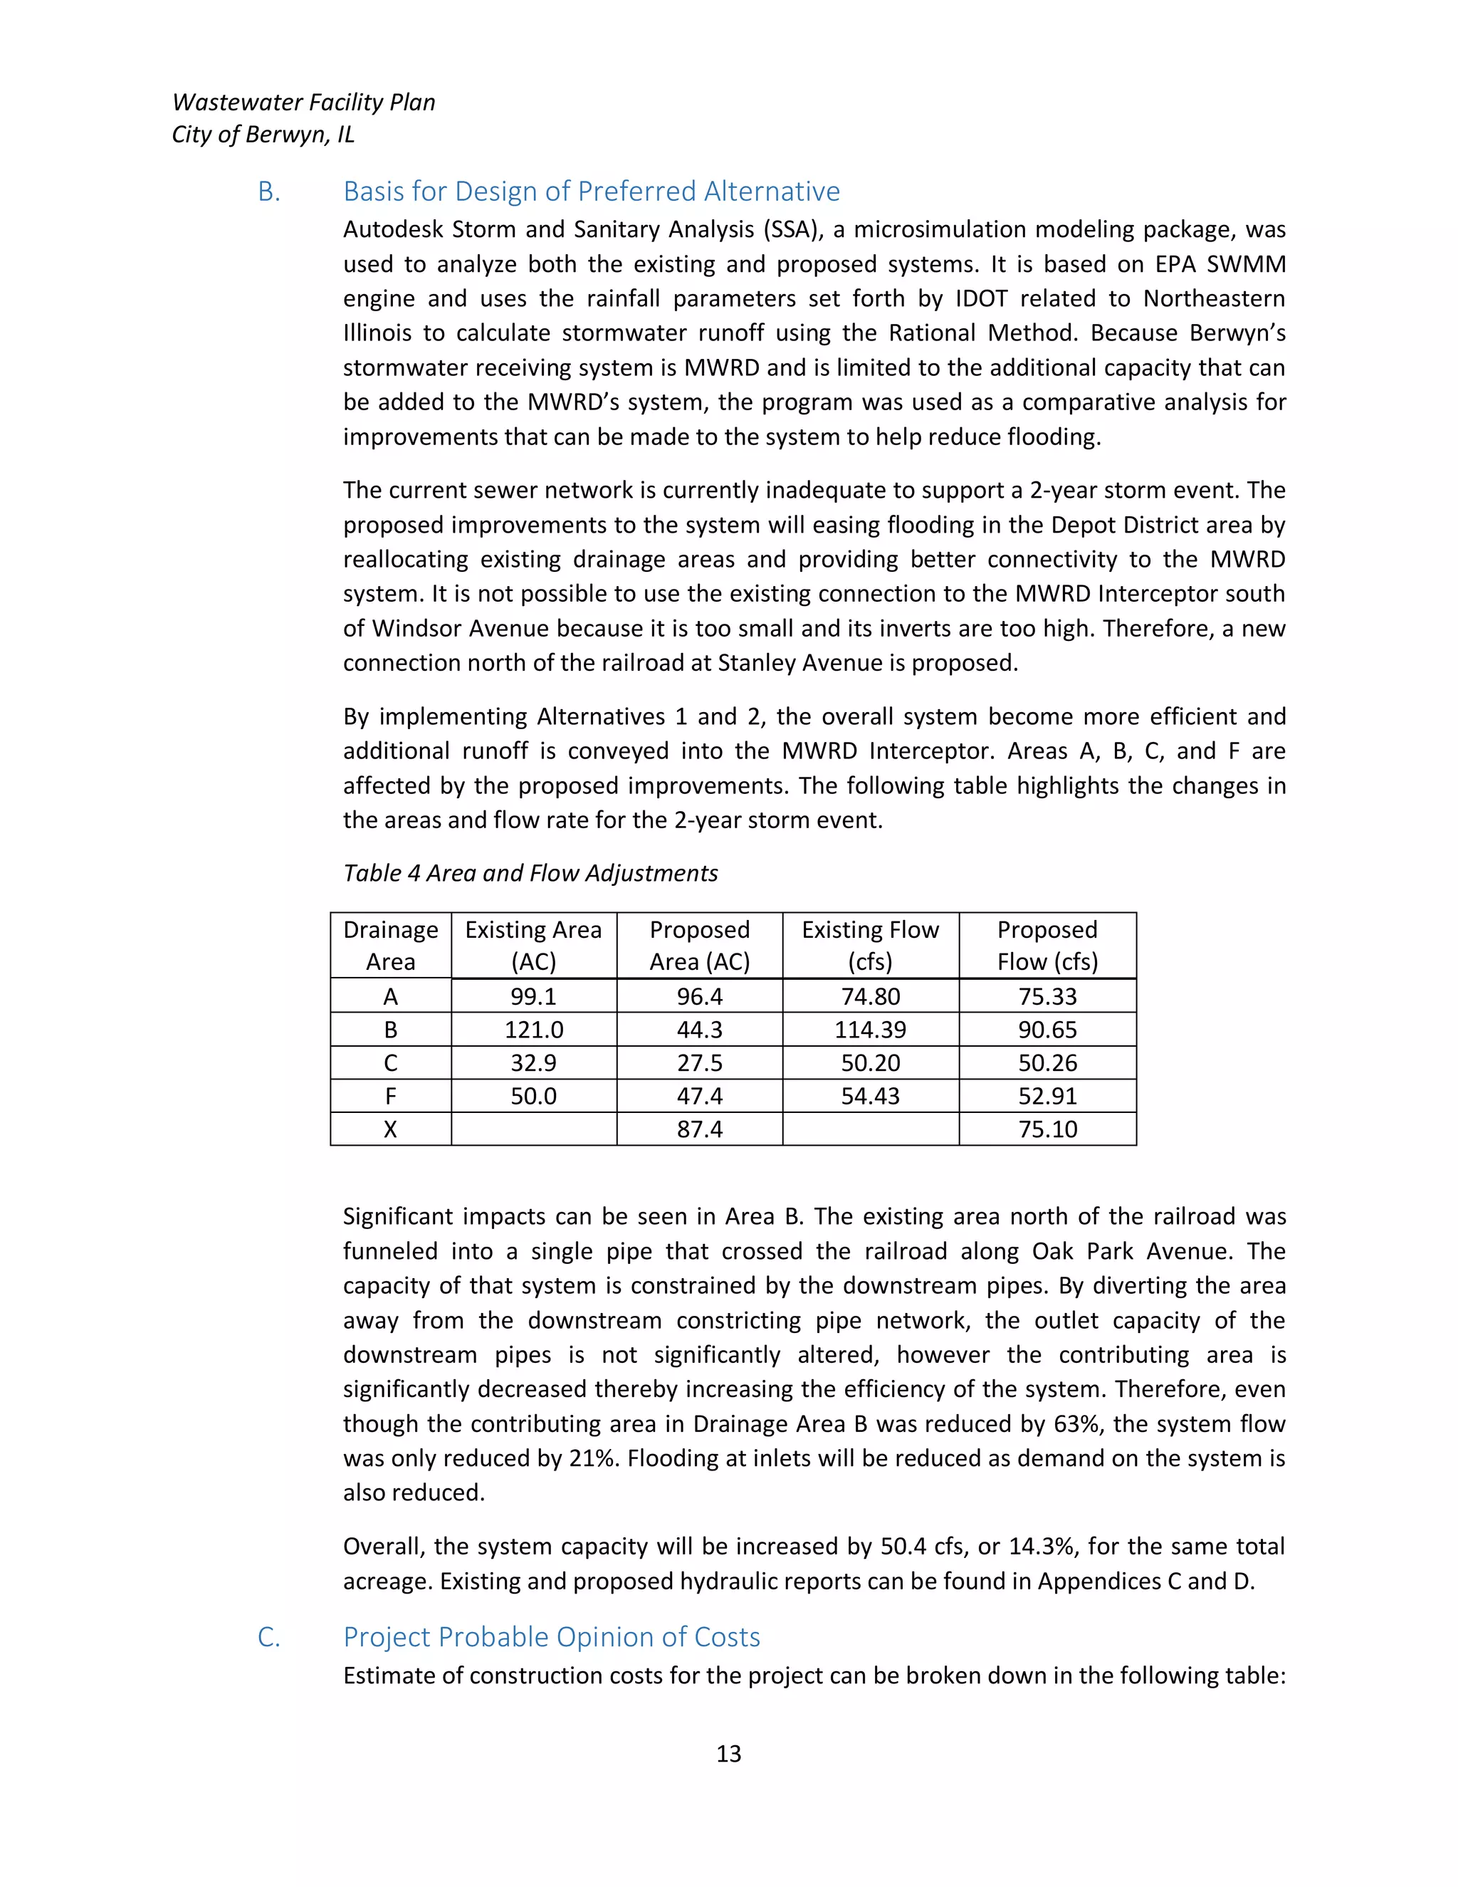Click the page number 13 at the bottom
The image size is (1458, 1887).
pos(728,1753)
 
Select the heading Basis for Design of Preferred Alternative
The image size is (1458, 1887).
pos(591,191)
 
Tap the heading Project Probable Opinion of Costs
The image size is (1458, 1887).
pos(551,1636)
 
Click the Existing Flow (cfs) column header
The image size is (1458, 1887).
pos(870,945)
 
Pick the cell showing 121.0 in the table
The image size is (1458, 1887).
pos(534,1030)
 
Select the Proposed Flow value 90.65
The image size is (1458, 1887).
pos(1047,1030)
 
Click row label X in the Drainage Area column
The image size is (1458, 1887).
pos(390,1129)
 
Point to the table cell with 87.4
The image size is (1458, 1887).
pos(699,1129)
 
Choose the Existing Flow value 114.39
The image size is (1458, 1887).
pos(870,1030)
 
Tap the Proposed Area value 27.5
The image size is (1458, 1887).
pos(699,1062)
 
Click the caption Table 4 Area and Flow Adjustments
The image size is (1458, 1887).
pos(530,874)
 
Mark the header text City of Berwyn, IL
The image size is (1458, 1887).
pos(263,135)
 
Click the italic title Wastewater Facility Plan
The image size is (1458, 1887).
pos(303,103)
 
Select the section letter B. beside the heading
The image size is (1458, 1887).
pos(268,192)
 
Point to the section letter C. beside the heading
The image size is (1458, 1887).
pos(268,1637)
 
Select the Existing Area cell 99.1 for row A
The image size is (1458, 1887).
pos(534,996)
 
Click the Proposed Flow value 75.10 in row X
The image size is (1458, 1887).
pos(1047,1129)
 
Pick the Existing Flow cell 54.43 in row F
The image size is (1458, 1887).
pos(870,1097)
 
